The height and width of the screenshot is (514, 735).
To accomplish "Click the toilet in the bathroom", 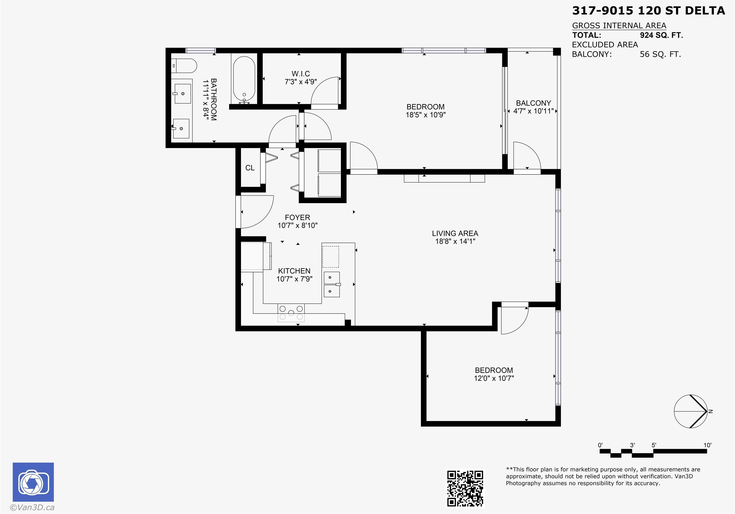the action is point(184,66).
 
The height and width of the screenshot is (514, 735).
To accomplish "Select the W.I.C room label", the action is point(301,74).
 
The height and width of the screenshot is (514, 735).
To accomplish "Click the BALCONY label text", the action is point(533,103).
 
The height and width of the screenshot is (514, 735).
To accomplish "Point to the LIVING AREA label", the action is point(455,234).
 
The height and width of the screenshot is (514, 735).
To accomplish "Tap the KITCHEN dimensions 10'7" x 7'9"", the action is point(294,279).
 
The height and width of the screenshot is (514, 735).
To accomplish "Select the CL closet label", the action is point(250,168).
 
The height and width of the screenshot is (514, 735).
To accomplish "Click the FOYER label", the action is point(297,218).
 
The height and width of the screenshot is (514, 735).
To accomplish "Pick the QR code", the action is point(465,488).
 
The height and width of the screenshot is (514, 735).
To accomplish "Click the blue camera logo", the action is point(33,482).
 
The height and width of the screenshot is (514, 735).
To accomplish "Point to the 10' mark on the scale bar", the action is point(707,445).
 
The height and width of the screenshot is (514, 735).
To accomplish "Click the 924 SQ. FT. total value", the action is point(661,35).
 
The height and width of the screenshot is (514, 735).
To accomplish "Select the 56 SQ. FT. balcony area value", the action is point(660,55).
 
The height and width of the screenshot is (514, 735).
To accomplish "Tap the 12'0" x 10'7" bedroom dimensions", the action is point(494,378).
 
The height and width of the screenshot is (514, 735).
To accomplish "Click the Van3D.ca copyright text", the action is point(32,507).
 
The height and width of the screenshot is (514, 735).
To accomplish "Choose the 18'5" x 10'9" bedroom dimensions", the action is point(425,115).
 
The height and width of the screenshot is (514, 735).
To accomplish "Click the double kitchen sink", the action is point(332,284).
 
